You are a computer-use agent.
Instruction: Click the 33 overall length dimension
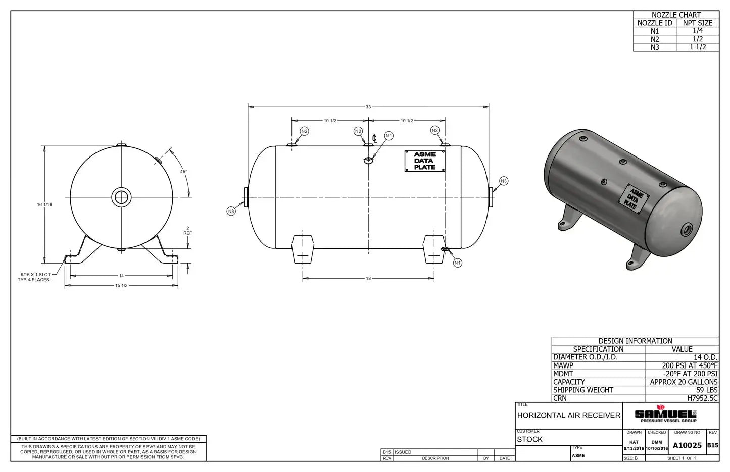[368, 107]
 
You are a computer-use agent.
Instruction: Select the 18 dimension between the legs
[368, 278]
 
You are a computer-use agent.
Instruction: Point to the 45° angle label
[183, 172]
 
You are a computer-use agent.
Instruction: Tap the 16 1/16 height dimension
[44, 204]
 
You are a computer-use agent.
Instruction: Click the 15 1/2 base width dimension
[121, 286]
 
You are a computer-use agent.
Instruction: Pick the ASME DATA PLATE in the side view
[424, 161]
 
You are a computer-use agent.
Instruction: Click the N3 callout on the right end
[503, 181]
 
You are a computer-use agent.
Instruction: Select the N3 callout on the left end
[231, 211]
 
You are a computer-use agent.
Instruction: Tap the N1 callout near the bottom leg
[457, 263]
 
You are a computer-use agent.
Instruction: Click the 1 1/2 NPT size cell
[697, 47]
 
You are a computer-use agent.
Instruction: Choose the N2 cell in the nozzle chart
[655, 39]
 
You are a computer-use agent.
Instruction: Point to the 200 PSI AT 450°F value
[689, 365]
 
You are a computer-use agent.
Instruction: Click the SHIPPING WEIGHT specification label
[583, 390]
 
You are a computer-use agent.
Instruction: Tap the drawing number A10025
[687, 445]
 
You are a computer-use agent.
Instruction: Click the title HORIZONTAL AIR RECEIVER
[568, 415]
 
